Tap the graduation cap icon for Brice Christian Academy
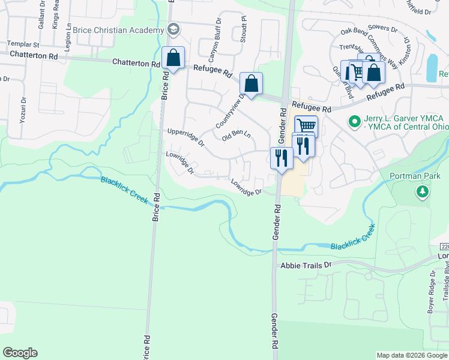(x=173, y=29)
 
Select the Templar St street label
(x=23, y=44)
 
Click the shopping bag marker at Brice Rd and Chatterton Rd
(x=173, y=59)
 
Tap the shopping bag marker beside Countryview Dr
(x=252, y=83)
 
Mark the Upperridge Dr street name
(x=186, y=137)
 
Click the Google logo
(x=20, y=353)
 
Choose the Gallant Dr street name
(x=41, y=18)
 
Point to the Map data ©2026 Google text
(x=411, y=355)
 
